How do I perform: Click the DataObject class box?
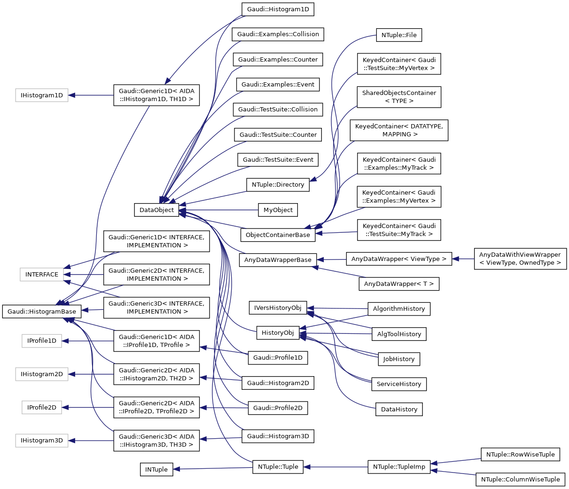[x=156, y=210]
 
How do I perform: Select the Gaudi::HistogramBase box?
[x=42, y=311]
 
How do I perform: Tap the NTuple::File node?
[x=399, y=35]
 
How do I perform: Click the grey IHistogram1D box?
[x=42, y=95]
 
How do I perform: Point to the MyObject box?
[x=278, y=210]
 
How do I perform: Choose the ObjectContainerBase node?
[x=278, y=235]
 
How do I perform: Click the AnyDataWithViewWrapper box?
[x=520, y=259]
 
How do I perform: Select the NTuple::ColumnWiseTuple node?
[x=520, y=479]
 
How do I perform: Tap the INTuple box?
[x=156, y=469]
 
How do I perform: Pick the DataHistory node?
[x=399, y=409]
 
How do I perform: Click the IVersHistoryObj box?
[x=278, y=308]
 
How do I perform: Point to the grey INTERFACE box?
[x=42, y=275]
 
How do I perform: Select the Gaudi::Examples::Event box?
[x=278, y=85]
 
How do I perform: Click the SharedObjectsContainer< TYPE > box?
[x=399, y=97]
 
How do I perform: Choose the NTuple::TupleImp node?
[x=399, y=467]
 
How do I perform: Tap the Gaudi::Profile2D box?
[x=278, y=408]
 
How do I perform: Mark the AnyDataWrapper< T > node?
[x=399, y=284]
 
